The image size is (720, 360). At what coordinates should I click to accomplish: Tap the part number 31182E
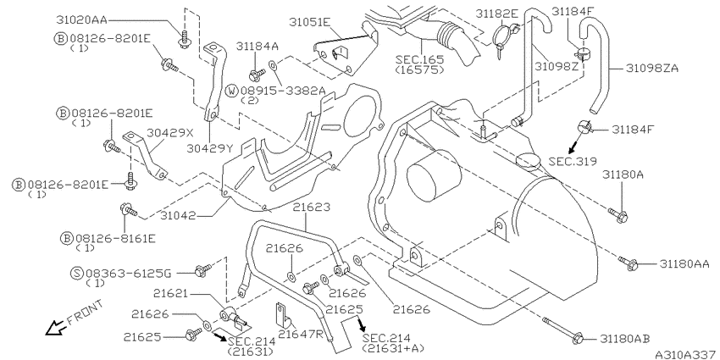[x=496, y=14]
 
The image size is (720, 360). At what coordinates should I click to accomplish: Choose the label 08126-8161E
[x=115, y=238]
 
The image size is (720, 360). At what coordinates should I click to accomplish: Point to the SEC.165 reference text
[x=419, y=59]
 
